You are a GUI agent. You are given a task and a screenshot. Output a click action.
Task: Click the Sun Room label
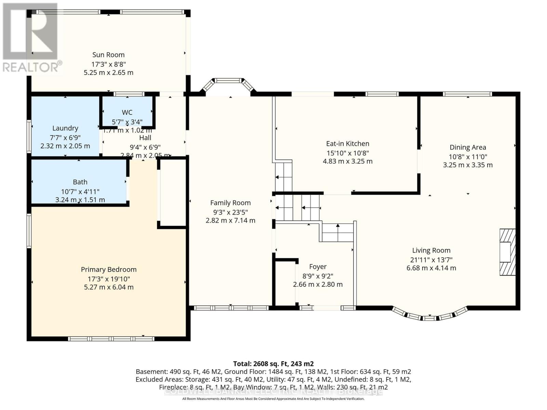(108, 55)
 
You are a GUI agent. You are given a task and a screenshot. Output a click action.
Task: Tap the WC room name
(127, 112)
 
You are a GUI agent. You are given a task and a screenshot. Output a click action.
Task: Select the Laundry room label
(65, 128)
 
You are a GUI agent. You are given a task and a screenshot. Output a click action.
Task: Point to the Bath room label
(80, 182)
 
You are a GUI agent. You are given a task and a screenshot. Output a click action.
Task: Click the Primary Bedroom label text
(109, 270)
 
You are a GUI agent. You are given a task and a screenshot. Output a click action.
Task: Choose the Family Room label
(230, 203)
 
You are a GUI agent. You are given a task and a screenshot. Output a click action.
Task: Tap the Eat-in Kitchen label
(348, 144)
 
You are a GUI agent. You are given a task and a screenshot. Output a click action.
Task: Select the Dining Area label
(468, 148)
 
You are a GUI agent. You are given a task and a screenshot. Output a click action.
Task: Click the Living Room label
(431, 250)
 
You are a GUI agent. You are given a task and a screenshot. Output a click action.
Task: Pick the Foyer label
(318, 267)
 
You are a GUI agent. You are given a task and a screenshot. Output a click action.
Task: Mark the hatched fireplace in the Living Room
(507, 252)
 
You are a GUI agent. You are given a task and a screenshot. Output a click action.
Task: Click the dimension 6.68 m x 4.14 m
(431, 268)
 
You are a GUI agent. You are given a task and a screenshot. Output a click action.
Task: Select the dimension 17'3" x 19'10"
(109, 278)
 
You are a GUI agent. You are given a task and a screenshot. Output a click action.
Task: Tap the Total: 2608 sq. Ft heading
(273, 364)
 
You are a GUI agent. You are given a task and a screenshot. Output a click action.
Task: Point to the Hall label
(145, 138)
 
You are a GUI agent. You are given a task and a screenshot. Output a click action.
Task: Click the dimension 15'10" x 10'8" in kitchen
(348, 153)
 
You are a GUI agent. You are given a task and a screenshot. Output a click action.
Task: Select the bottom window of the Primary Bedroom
(111, 339)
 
